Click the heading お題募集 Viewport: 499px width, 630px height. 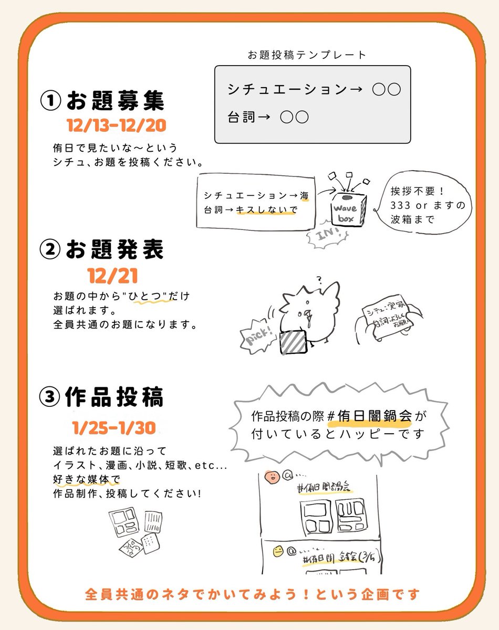115,101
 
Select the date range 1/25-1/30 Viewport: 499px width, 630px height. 115,428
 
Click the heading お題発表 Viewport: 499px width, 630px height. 115,250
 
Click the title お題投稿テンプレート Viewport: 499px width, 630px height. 307,55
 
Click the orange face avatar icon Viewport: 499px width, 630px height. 272,478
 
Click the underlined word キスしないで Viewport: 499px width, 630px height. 267,210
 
